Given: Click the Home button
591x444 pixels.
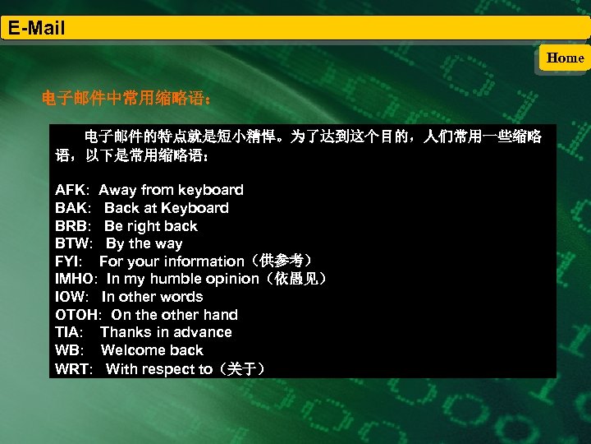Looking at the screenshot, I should click(x=565, y=58).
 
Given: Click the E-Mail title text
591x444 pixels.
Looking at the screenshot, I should click(x=36, y=29).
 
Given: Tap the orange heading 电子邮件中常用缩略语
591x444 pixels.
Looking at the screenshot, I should click(x=128, y=100).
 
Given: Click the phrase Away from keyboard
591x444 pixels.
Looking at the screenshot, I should click(x=171, y=190).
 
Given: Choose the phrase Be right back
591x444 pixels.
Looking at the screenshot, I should click(x=151, y=226).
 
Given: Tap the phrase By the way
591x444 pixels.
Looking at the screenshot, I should click(x=144, y=243).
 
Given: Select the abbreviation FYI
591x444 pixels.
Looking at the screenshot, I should click(x=68, y=261).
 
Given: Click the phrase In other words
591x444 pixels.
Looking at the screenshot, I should click(x=152, y=297).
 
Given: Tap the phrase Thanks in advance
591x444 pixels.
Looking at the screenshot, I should click(x=166, y=332).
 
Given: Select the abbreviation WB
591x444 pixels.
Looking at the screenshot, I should click(x=67, y=350).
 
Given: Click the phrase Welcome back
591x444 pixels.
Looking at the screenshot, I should click(x=152, y=350).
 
